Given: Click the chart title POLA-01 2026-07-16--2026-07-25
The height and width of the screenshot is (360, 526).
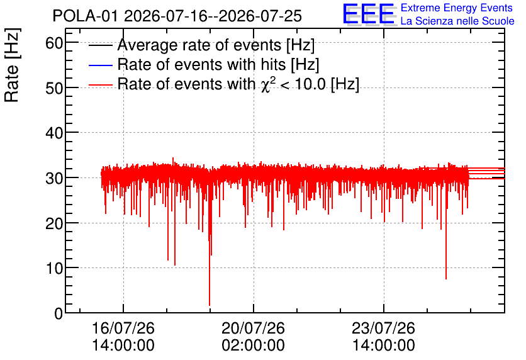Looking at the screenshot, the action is (x=177, y=16).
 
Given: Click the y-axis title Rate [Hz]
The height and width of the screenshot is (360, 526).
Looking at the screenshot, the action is (x=12, y=65).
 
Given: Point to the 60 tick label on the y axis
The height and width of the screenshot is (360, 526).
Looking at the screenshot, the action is (x=54, y=43).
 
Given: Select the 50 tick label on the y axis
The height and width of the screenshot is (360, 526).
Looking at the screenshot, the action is (x=54, y=88).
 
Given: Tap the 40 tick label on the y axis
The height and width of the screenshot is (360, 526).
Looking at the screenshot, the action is (x=54, y=133).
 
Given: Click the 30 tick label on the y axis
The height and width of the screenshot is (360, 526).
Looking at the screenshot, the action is (x=54, y=178).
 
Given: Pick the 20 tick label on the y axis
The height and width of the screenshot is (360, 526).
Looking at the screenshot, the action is (x=54, y=223).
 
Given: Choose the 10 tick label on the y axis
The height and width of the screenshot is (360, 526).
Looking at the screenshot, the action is (x=54, y=268).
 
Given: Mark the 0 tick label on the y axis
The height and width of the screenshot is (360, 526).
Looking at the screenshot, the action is (x=59, y=313).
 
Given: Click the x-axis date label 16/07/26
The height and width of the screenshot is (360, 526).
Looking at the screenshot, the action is (x=123, y=328).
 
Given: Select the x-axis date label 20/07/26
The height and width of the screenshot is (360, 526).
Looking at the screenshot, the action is (x=254, y=328).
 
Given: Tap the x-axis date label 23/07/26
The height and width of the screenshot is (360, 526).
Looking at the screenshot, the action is (x=383, y=328).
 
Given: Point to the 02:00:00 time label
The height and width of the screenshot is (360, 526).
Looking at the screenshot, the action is (x=254, y=346).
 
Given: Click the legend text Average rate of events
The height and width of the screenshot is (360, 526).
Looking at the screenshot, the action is (x=199, y=45).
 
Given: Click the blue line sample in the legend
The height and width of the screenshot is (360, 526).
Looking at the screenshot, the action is (x=100, y=65).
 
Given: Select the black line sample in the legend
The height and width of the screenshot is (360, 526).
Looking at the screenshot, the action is (x=100, y=45).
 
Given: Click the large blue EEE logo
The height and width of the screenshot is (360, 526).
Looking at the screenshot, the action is (x=369, y=14).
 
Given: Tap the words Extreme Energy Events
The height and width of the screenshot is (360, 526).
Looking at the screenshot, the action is (x=457, y=8).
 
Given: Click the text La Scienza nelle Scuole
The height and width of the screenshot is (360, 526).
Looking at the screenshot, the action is (x=457, y=21).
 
